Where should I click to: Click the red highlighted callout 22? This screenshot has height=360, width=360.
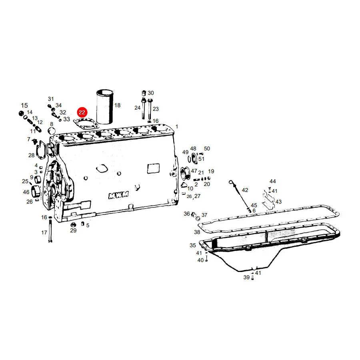[82, 112]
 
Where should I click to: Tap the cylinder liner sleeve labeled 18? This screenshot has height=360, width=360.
[105, 106]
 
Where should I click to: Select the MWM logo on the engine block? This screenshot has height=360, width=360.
[118, 195]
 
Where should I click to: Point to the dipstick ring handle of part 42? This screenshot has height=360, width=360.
[230, 182]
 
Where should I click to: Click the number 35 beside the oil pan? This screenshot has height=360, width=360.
[193, 245]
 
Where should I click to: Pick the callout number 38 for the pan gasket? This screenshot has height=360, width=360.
[197, 232]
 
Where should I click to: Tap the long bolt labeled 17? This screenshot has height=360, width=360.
[50, 230]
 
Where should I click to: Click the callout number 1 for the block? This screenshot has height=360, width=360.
[177, 126]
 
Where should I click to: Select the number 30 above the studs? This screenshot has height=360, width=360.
[151, 93]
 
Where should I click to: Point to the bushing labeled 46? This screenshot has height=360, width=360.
[36, 191]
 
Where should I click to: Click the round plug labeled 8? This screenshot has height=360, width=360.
[52, 131]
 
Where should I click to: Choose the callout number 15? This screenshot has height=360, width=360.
[24, 105]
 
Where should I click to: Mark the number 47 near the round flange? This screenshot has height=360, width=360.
[194, 171]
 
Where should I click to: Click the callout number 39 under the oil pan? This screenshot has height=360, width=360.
[246, 277]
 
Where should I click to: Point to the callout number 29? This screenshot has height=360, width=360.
[73, 230]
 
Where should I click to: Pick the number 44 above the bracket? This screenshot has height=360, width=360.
[272, 181]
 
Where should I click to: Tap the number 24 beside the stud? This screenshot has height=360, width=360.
[137, 108]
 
